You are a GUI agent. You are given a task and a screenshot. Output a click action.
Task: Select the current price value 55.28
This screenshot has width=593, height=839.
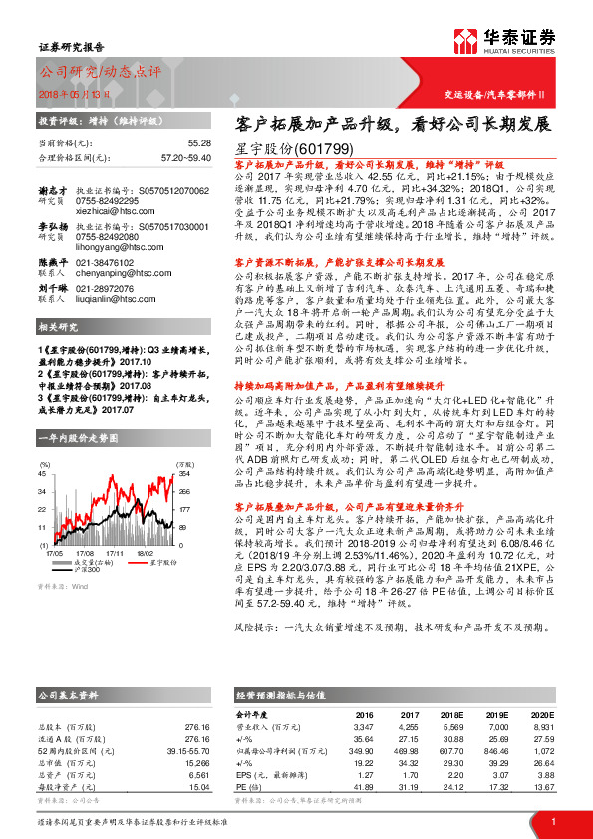198,144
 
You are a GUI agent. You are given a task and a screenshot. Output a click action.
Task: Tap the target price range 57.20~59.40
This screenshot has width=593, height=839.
186,158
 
